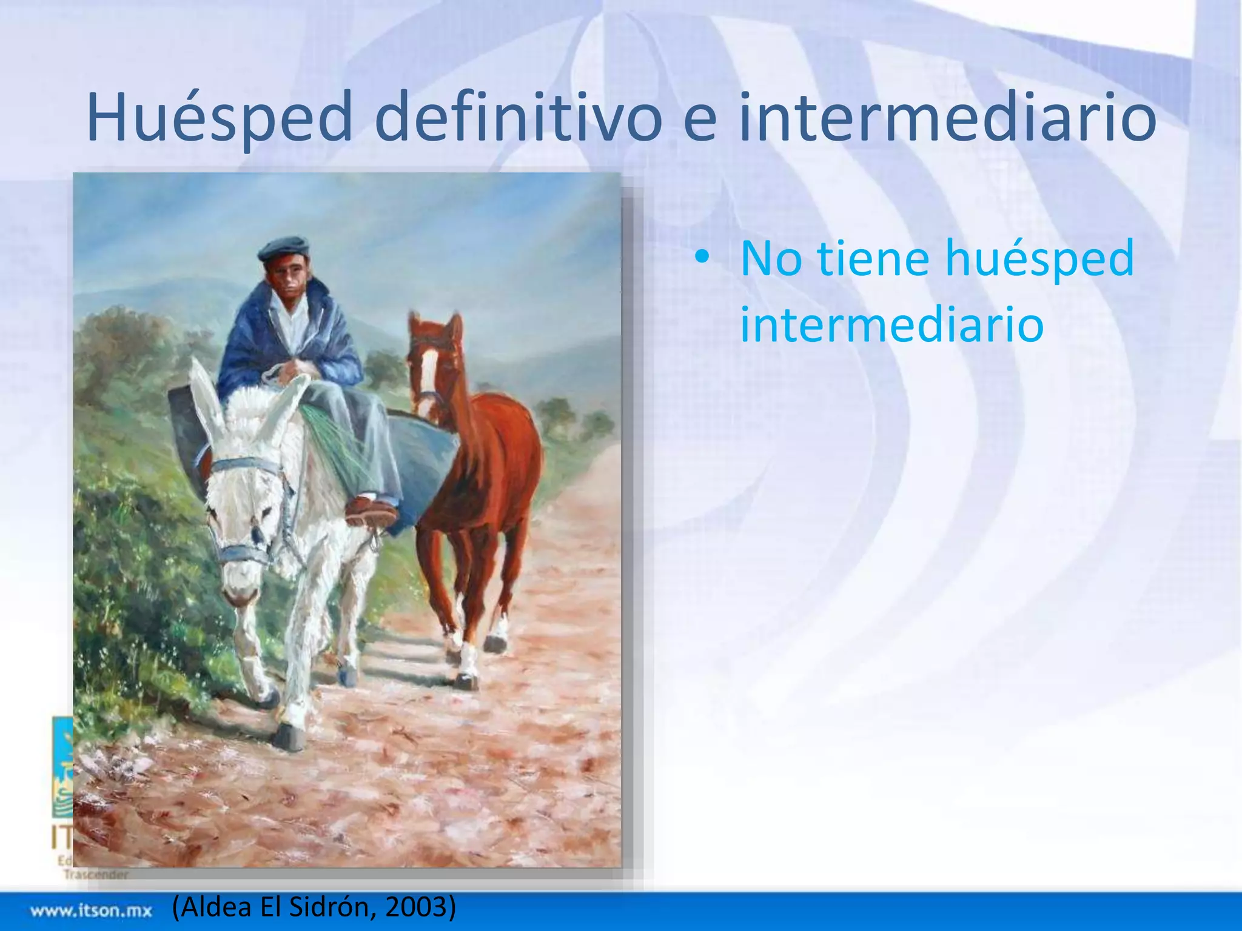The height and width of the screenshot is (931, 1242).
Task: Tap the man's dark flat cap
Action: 284,248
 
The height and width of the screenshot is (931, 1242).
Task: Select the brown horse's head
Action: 435,364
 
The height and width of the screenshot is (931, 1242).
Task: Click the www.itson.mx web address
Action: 91,910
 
